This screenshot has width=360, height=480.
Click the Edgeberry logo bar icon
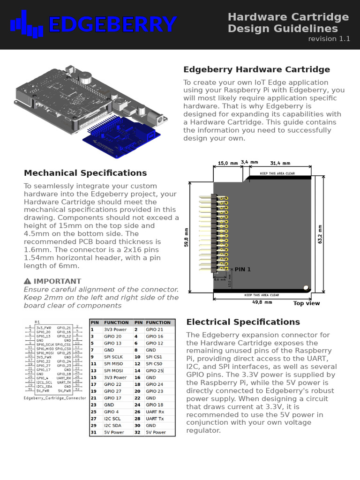[27, 24]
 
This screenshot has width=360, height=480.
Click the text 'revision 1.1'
[329, 39]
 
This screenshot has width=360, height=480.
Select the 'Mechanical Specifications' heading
[85, 173]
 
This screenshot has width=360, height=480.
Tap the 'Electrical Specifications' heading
[243, 322]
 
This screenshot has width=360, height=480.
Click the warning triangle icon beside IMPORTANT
[27, 281]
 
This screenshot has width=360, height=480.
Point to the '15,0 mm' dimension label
[228, 163]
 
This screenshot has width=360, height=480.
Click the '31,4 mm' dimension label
[280, 163]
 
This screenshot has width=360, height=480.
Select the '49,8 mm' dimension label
[262, 302]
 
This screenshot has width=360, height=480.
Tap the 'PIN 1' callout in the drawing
[243, 270]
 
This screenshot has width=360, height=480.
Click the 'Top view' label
[307, 303]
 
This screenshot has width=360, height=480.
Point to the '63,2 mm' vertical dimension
[320, 234]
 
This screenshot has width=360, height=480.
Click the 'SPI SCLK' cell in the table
[113, 357]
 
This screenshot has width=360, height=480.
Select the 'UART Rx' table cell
[155, 412]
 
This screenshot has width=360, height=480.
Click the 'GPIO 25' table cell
[155, 370]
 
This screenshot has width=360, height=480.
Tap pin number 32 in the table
[138, 432]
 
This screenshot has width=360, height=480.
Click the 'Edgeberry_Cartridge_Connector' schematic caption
[55, 397]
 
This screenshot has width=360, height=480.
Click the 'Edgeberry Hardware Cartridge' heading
[256, 70]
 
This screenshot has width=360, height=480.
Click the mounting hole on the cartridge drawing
[306, 286]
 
